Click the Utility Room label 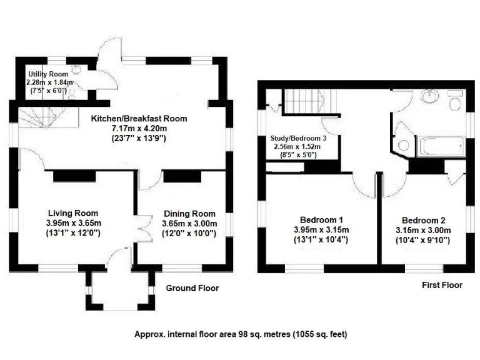[47, 74]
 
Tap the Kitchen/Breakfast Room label [139, 118]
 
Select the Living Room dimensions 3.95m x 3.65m [72, 223]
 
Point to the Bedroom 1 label [321, 219]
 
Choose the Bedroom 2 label [423, 220]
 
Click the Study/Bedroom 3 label [296, 138]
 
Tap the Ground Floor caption [192, 288]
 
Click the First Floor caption [441, 285]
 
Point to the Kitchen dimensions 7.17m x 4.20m [139, 129]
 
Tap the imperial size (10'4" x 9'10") [423, 240]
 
